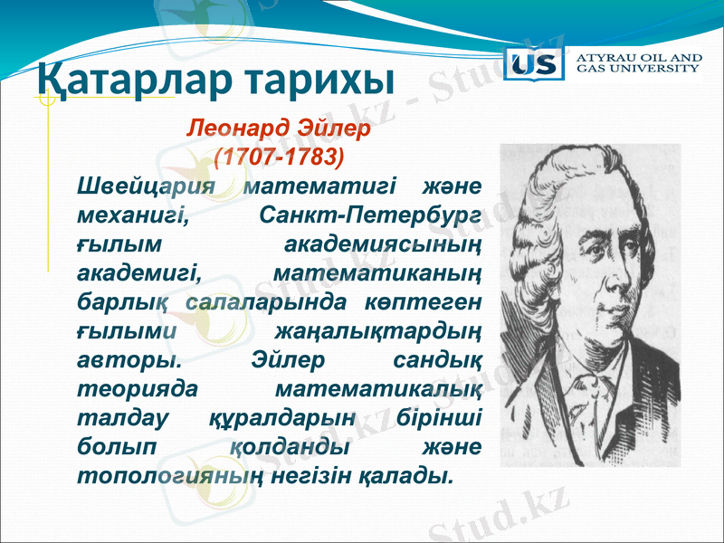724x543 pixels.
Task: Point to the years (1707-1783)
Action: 280,156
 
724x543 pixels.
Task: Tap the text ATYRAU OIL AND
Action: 639,57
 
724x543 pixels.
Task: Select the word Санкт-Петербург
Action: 369,216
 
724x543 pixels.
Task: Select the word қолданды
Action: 290,446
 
